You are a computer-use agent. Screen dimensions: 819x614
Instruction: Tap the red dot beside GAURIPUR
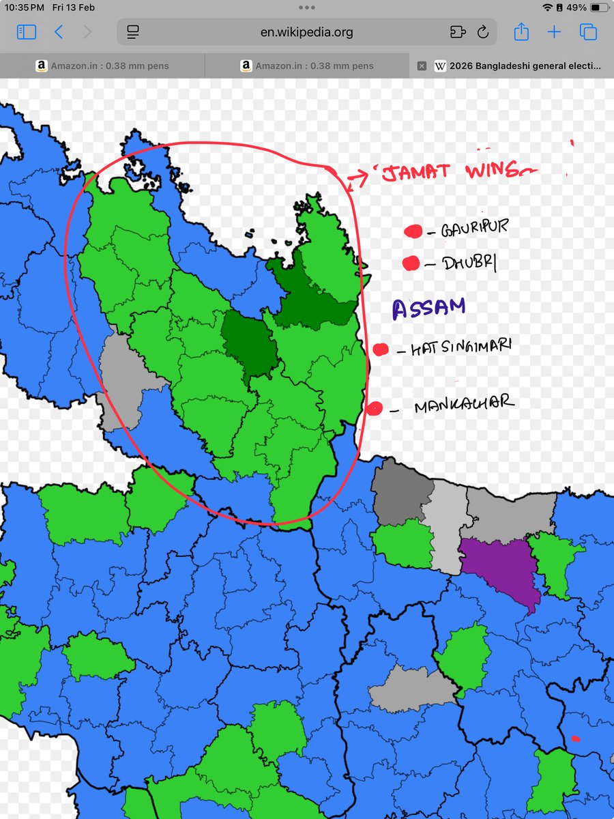[413, 232]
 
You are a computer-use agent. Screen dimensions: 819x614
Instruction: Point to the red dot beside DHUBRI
[411, 263]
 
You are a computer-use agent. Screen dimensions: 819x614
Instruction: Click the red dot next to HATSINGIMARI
[381, 350]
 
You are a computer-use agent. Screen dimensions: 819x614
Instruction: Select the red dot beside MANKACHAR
[374, 409]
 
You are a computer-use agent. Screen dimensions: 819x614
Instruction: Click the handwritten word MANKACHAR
[464, 404]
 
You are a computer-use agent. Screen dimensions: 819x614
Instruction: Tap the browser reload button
[483, 32]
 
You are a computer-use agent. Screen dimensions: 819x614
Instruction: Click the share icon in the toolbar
[521, 32]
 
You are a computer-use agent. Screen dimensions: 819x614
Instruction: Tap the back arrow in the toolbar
[59, 32]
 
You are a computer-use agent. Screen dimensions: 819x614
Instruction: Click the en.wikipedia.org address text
[306, 32]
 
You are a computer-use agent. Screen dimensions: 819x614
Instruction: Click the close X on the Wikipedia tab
[422, 66]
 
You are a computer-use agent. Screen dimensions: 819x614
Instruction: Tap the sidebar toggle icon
[27, 32]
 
